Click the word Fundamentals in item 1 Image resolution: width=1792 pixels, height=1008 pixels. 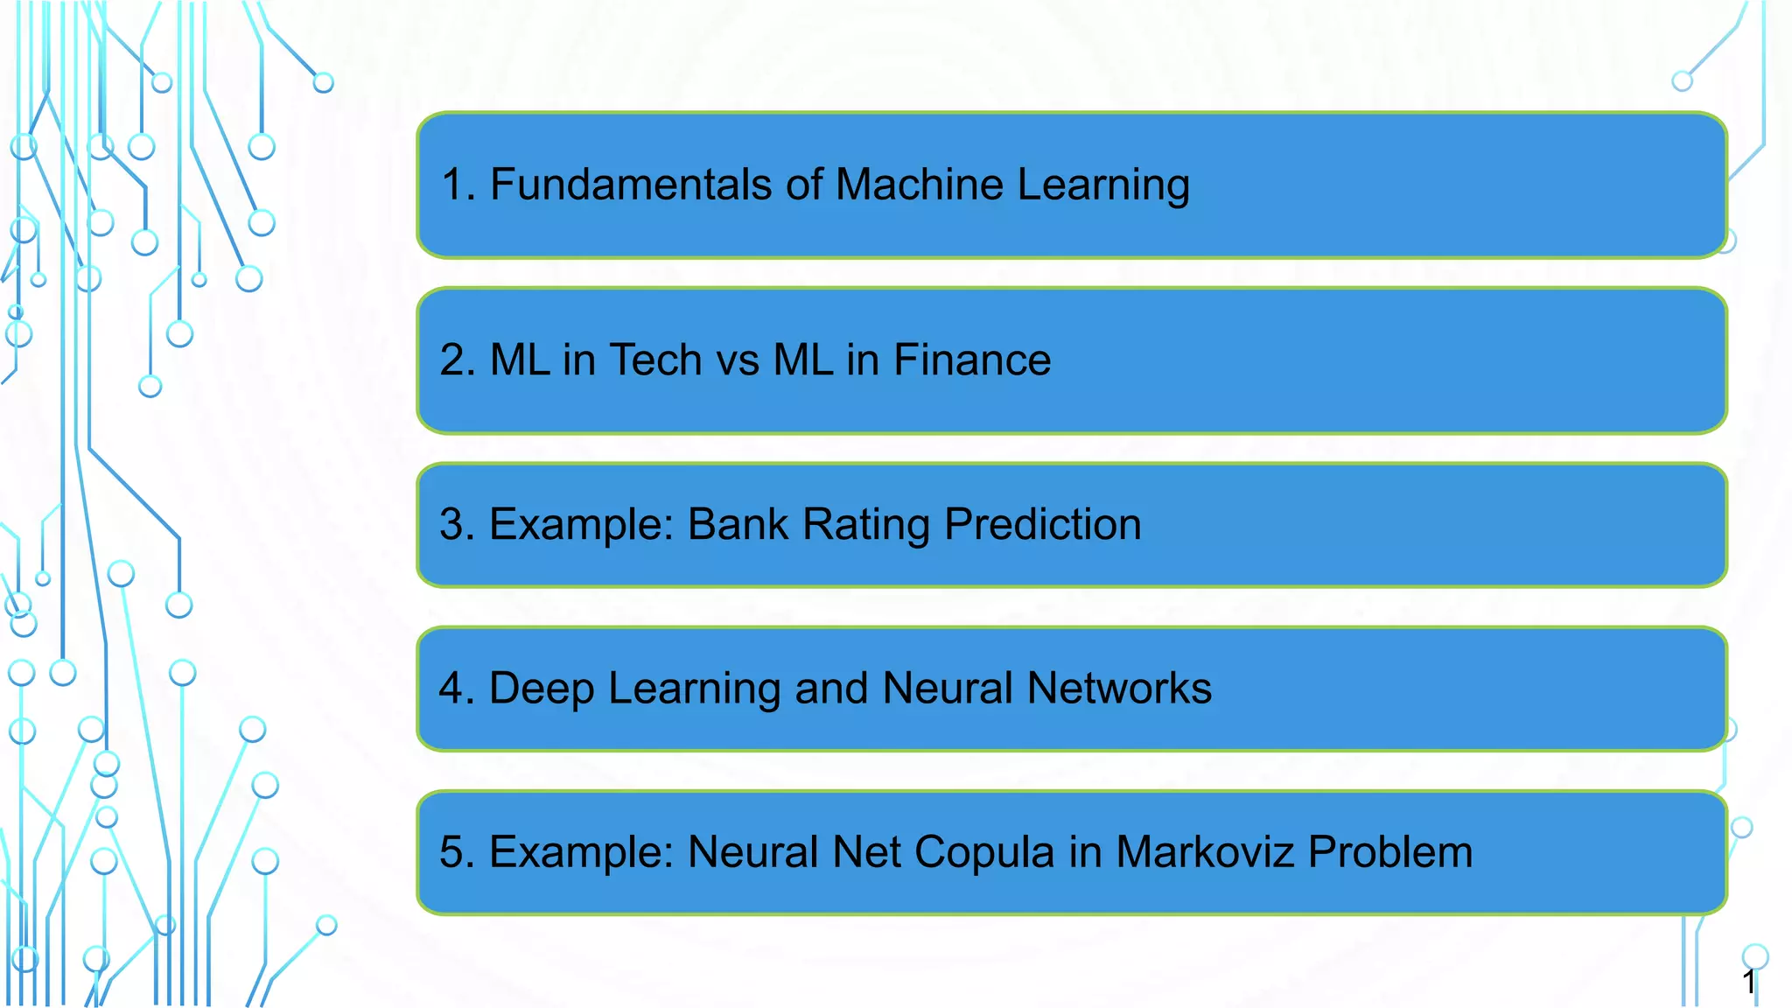(x=630, y=185)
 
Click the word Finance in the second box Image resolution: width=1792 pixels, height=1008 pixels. (x=972, y=360)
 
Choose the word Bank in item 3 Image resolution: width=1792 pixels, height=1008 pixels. (x=738, y=524)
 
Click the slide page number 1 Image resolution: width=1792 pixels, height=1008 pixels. (x=1748, y=982)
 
